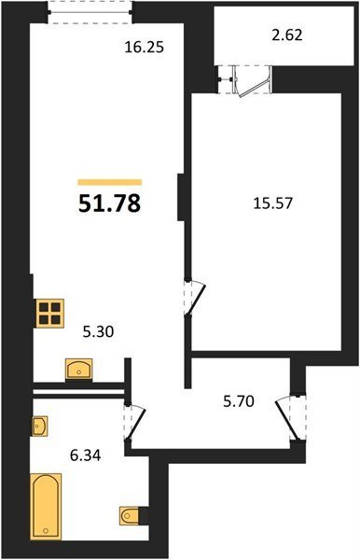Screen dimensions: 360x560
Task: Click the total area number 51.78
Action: (109, 203)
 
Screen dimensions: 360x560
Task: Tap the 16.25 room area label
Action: (145, 48)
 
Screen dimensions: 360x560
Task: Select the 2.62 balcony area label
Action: (287, 35)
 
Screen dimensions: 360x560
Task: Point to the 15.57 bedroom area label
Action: (272, 203)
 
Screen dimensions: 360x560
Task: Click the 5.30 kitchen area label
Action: (98, 332)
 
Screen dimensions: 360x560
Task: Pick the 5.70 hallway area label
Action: (239, 401)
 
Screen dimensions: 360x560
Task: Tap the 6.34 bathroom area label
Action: (85, 455)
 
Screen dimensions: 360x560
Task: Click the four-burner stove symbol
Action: (50, 314)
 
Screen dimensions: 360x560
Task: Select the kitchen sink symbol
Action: (79, 370)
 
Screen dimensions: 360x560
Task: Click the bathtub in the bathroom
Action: (46, 506)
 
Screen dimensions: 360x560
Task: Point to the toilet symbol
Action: (129, 516)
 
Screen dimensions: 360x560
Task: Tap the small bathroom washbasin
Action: (39, 427)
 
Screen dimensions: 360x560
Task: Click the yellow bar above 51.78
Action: (110, 183)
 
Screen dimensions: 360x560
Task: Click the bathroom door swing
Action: (136, 423)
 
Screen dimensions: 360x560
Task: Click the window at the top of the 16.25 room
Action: (90, 12)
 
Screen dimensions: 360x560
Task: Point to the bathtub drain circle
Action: (46, 531)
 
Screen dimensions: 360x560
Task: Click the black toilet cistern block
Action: (143, 516)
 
